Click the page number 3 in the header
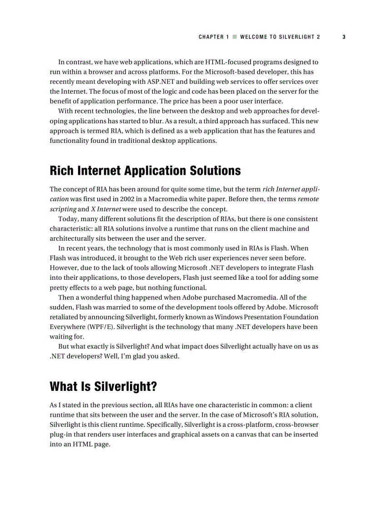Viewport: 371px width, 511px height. [344, 37]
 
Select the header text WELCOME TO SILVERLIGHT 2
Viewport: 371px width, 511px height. [280, 37]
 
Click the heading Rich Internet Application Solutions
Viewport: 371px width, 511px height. [145, 171]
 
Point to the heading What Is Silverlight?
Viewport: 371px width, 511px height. [103, 386]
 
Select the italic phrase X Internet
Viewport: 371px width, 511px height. [106, 209]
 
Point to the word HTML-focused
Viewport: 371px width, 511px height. [226, 62]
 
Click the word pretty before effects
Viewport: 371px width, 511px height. [59, 288]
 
